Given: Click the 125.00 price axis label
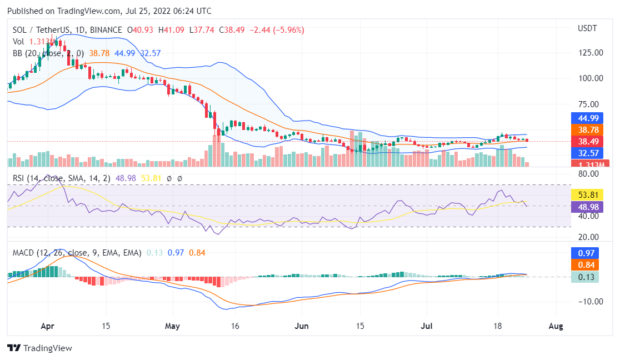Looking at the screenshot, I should pyautogui.click(x=590, y=53).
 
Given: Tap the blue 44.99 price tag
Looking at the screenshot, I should pyautogui.click(x=587, y=118).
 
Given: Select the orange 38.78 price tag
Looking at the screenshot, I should pyautogui.click(x=587, y=129).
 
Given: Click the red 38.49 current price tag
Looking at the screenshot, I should pyautogui.click(x=587, y=141).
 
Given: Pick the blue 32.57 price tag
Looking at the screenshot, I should pyautogui.click(x=587, y=153).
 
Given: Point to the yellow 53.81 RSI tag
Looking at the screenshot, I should pyautogui.click(x=587, y=195).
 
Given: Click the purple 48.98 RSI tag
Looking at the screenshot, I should pyautogui.click(x=587, y=207).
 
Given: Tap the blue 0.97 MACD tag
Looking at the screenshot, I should pyautogui.click(x=587, y=253).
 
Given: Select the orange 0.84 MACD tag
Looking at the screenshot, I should pyautogui.click(x=587, y=264).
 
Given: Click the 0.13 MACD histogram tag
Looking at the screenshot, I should pyautogui.click(x=587, y=277).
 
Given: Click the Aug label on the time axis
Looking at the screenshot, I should pyautogui.click(x=556, y=326).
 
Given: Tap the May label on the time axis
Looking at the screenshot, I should pyautogui.click(x=173, y=326).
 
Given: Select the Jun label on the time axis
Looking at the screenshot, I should pyautogui.click(x=301, y=326).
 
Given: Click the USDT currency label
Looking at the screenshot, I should pyautogui.click(x=587, y=28).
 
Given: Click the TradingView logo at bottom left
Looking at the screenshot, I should pyautogui.click(x=39, y=348).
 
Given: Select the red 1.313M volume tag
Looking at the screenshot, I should pyautogui.click(x=587, y=164).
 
